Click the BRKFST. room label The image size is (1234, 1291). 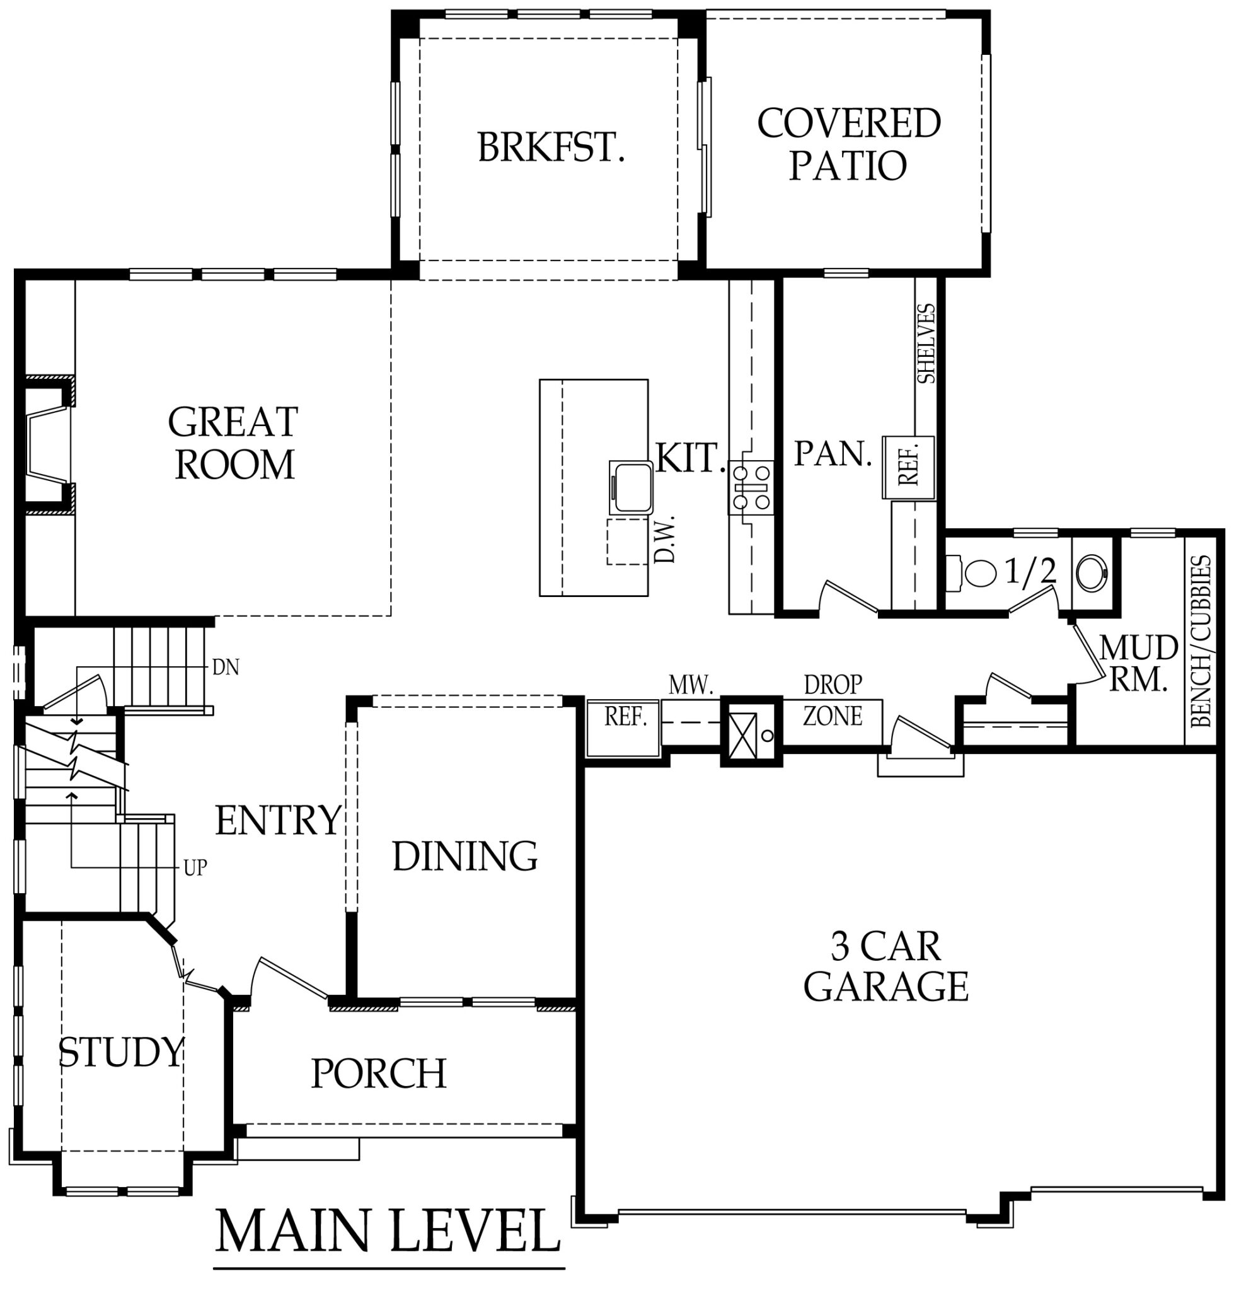(551, 148)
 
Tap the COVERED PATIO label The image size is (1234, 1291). (848, 144)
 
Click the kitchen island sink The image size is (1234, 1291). (630, 487)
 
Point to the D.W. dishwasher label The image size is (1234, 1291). (666, 539)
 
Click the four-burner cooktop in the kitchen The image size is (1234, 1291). (751, 487)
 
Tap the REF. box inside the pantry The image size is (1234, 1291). (908, 467)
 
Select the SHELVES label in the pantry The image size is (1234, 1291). (926, 344)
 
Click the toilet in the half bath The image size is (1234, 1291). (974, 573)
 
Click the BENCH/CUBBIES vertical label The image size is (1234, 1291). (1201, 642)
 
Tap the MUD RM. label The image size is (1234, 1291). (1139, 664)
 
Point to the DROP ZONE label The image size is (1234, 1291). (833, 701)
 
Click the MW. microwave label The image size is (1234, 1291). (691, 686)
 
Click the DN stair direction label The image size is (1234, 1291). (226, 668)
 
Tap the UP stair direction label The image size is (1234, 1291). (195, 868)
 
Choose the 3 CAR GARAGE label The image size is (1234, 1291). (885, 966)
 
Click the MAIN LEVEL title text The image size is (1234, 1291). (388, 1231)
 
